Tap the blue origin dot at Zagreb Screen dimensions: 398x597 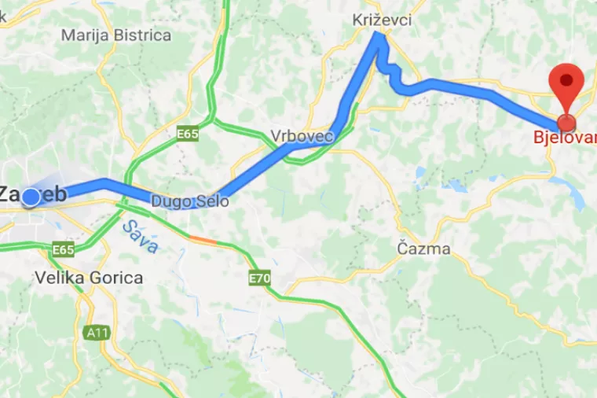click(31, 197)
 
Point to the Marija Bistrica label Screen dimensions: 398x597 click(115, 35)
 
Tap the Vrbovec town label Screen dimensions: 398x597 click(302, 136)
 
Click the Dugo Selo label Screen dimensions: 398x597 click(190, 201)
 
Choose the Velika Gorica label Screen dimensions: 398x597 click(89, 278)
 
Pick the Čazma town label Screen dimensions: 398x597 click(423, 249)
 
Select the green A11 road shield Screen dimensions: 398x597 click(96, 333)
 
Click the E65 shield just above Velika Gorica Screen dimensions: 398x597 click(64, 250)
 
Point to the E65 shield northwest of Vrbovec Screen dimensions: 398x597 click(187, 134)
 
